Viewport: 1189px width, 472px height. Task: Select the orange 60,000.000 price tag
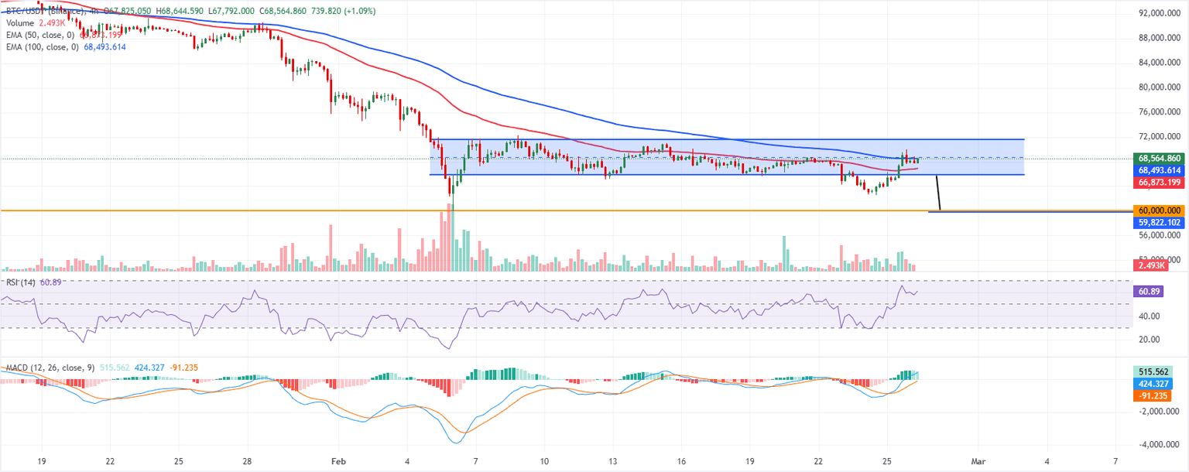(x=1159, y=210)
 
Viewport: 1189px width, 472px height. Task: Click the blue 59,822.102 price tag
(x=1159, y=222)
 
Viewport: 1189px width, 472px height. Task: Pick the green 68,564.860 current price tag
(x=1159, y=158)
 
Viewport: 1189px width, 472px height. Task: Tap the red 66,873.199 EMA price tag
(x=1159, y=182)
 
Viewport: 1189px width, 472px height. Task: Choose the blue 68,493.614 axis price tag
(x=1159, y=169)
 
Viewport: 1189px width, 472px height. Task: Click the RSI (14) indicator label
(x=19, y=282)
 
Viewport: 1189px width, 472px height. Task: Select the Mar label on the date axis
(x=978, y=460)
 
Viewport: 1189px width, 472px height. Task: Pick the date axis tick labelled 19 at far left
(x=41, y=460)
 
